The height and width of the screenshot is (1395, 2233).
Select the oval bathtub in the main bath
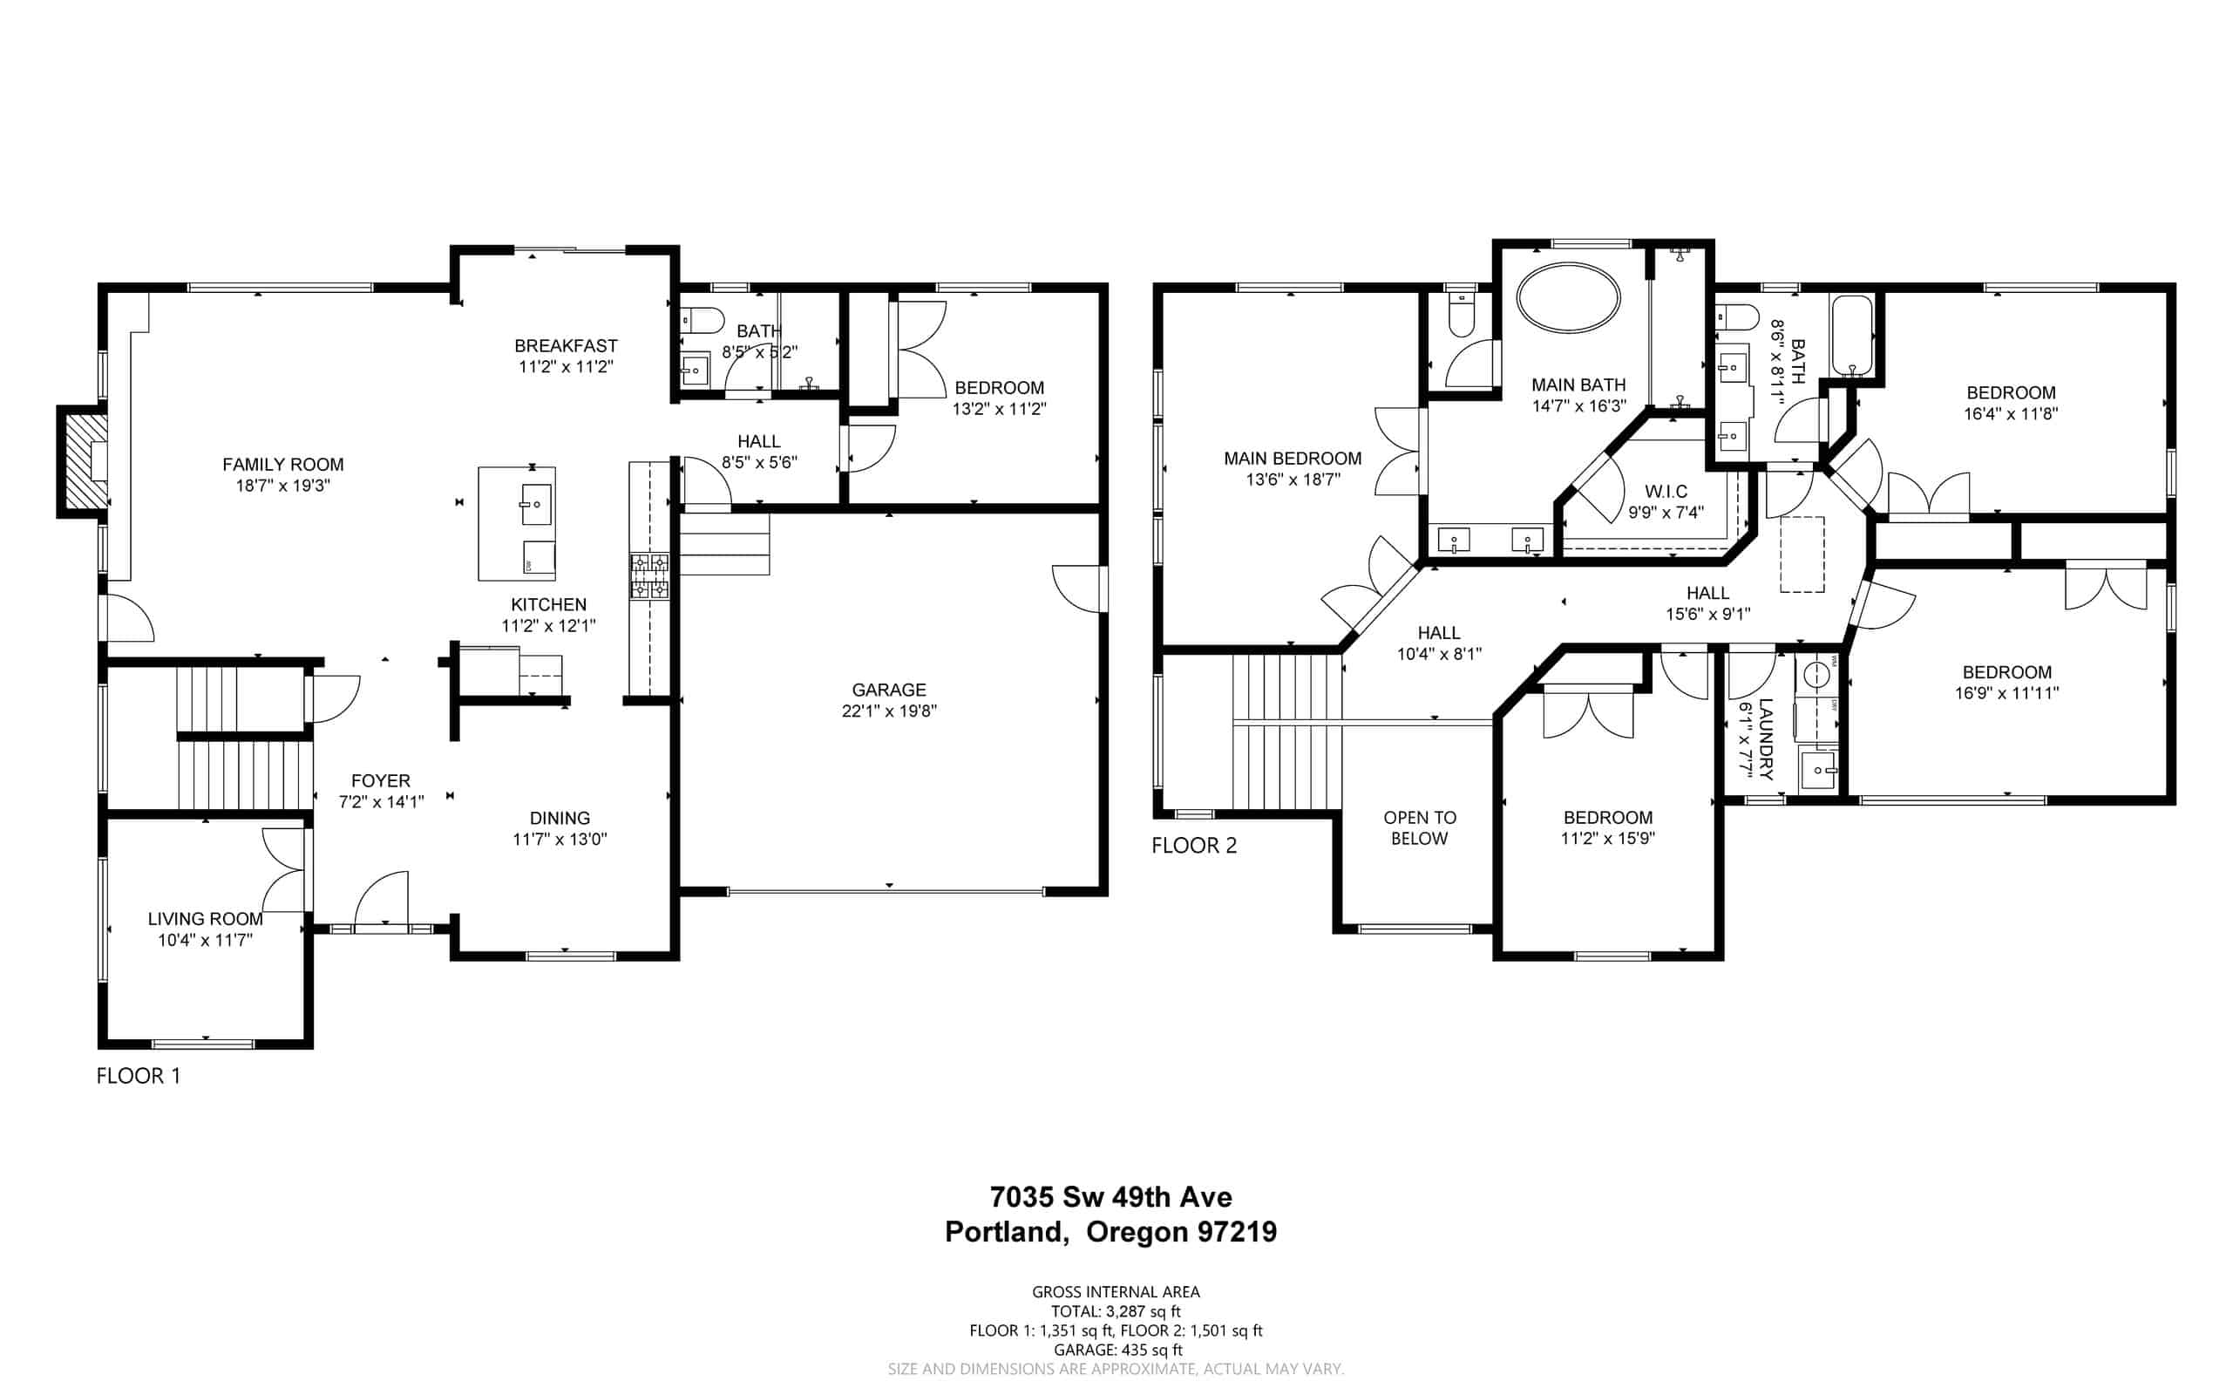pyautogui.click(x=1568, y=297)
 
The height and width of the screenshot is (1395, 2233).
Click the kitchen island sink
pyautogui.click(x=536, y=504)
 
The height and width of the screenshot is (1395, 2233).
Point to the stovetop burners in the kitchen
pyautogui.click(x=649, y=575)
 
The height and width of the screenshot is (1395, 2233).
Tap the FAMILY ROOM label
pyautogui.click(x=283, y=464)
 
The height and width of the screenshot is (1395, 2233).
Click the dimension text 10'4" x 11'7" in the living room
pyautogui.click(x=205, y=940)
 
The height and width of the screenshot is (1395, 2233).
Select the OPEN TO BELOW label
pyautogui.click(x=1420, y=827)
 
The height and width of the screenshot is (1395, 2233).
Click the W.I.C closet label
pyautogui.click(x=1666, y=492)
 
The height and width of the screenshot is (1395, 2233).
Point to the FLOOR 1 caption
pyautogui.click(x=139, y=1076)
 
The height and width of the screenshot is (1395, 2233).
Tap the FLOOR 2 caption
pyautogui.click(x=1193, y=845)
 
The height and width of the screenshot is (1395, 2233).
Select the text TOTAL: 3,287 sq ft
pyautogui.click(x=1115, y=1311)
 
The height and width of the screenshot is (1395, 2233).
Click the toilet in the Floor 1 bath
pyautogui.click(x=702, y=320)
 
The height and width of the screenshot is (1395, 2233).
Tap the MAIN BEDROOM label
pyautogui.click(x=1293, y=459)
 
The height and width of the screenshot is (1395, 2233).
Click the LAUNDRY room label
pyautogui.click(x=1765, y=739)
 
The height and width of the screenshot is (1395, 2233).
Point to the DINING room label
pyautogui.click(x=560, y=819)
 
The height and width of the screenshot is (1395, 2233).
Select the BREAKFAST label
pyautogui.click(x=566, y=346)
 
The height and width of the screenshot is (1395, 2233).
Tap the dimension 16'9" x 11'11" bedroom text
pyautogui.click(x=2006, y=693)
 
